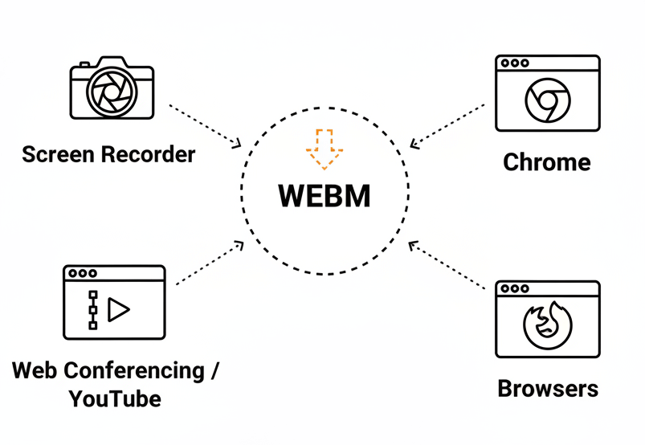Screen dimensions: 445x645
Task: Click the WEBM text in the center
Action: coord(325,196)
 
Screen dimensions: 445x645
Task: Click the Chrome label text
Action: coord(546,162)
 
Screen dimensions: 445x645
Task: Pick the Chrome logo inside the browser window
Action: coord(547,101)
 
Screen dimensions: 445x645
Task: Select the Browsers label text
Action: coord(548,389)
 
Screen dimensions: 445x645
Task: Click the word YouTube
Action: coord(114,398)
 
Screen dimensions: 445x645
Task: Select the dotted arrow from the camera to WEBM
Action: coord(204,125)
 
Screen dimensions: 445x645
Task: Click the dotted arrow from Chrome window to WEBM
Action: coord(448,125)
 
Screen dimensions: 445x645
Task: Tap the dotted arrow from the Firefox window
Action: coord(448,265)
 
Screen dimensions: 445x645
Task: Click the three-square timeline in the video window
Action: coord(92,309)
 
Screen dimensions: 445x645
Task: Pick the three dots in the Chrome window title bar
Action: coord(514,63)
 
